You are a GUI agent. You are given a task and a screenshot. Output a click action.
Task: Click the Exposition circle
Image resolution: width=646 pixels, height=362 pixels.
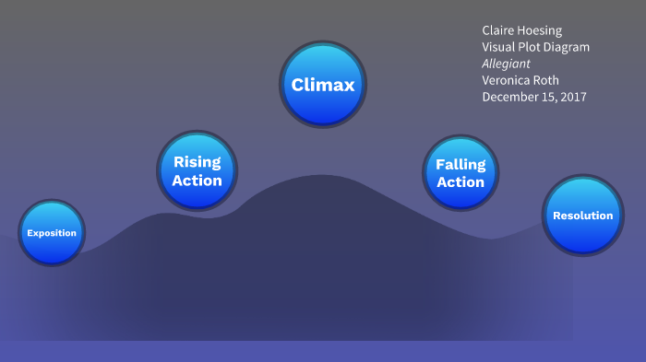click(x=52, y=233)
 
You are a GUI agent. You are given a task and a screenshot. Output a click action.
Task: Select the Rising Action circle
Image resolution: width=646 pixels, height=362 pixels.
click(x=197, y=170)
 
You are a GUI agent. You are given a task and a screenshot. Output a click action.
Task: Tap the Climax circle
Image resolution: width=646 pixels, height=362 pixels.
click(x=323, y=85)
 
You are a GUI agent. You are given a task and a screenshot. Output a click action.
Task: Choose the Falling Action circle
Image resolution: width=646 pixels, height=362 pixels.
click(x=461, y=172)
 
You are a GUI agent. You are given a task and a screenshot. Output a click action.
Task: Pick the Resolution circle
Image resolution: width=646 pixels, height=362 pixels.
click(x=582, y=216)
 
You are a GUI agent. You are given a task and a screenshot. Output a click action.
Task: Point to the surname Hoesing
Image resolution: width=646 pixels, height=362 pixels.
click(x=544, y=30)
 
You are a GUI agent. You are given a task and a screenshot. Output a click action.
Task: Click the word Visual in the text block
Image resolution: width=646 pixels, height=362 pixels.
click(x=499, y=47)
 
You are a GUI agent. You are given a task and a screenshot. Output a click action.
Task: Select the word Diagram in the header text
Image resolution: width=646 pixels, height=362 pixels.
click(x=566, y=47)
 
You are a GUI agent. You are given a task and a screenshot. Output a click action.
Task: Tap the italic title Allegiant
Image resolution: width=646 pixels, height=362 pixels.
click(x=507, y=64)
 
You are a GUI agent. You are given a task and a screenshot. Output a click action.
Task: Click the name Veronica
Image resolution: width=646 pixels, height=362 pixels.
click(x=508, y=80)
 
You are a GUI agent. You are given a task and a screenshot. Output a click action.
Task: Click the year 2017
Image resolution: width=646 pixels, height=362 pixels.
click(x=572, y=97)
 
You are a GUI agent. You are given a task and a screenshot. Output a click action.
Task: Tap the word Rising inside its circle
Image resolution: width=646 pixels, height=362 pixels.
click(x=197, y=162)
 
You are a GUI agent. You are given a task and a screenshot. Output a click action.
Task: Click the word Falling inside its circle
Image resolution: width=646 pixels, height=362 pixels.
click(x=461, y=164)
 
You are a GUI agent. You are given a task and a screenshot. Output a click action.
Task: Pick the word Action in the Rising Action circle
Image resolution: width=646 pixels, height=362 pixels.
click(x=197, y=180)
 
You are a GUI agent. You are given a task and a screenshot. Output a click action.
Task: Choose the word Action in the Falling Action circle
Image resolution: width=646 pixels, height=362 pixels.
click(x=461, y=181)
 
